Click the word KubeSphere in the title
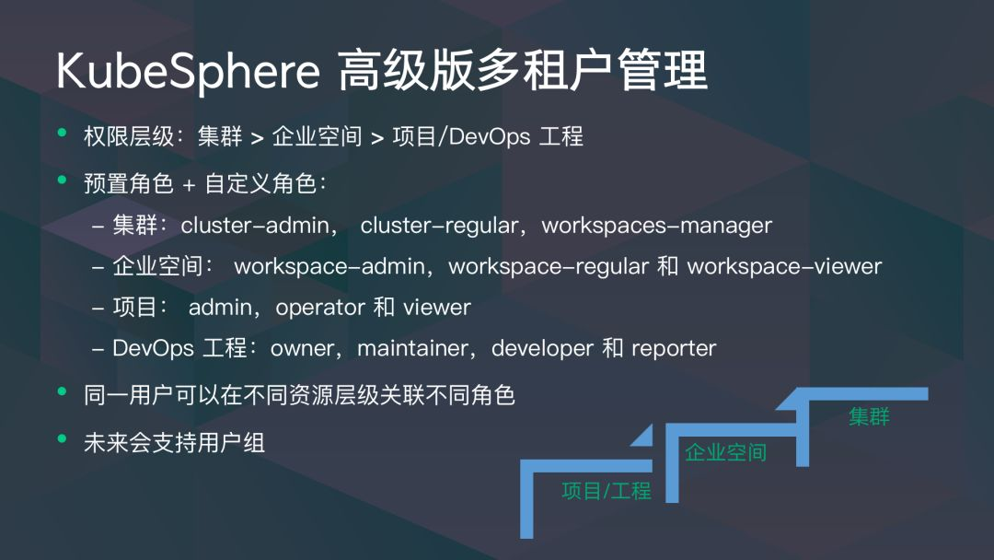click(x=189, y=72)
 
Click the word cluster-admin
click(x=255, y=225)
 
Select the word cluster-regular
click(x=439, y=225)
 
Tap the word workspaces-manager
click(x=657, y=226)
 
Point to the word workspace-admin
click(x=329, y=266)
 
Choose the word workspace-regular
click(x=549, y=266)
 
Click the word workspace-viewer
click(x=784, y=266)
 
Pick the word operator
click(x=321, y=308)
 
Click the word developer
click(x=543, y=349)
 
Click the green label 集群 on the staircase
click(x=869, y=416)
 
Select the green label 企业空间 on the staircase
click(x=726, y=452)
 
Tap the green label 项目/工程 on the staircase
click(x=606, y=490)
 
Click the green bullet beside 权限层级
click(x=63, y=133)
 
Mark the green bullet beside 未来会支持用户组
click(x=63, y=438)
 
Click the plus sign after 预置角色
click(x=189, y=185)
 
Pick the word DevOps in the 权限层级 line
click(x=490, y=136)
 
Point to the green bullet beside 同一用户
click(x=63, y=391)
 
